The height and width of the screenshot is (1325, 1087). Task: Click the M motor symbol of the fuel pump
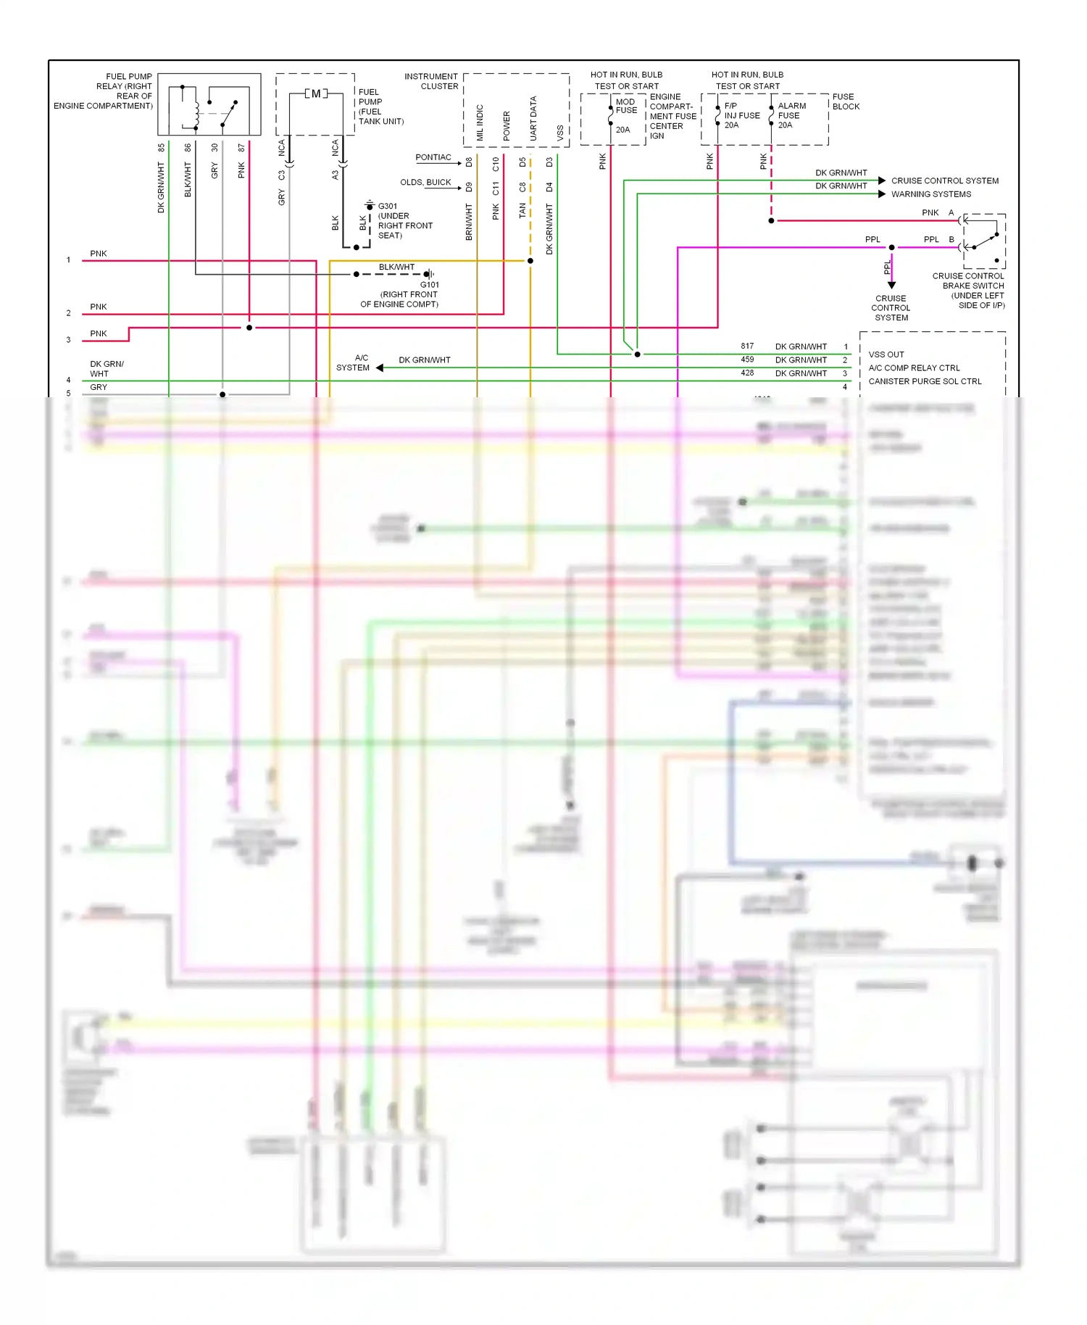(316, 94)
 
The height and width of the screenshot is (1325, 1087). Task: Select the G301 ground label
(388, 206)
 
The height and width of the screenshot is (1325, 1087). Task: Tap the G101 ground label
(429, 284)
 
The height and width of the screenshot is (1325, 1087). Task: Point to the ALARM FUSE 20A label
(791, 115)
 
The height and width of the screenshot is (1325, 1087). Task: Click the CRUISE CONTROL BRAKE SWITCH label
(968, 291)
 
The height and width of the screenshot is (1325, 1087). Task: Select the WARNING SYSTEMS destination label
(930, 194)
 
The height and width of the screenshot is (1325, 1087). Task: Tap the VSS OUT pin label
(886, 354)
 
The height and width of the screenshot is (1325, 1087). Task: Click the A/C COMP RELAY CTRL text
(913, 367)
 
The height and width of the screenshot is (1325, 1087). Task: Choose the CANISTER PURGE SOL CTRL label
(924, 381)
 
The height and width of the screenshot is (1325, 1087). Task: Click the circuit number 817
(747, 346)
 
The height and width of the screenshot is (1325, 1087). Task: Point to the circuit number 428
(747, 373)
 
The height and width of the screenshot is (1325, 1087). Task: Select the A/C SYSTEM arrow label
(354, 363)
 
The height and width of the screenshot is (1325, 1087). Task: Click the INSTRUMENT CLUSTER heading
(431, 81)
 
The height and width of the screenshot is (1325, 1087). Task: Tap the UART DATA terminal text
(533, 118)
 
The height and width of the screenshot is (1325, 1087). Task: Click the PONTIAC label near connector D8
(433, 157)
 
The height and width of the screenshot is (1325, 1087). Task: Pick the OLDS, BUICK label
(425, 182)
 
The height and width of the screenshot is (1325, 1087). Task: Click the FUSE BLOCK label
(845, 101)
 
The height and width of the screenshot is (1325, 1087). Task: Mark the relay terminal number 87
(241, 148)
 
